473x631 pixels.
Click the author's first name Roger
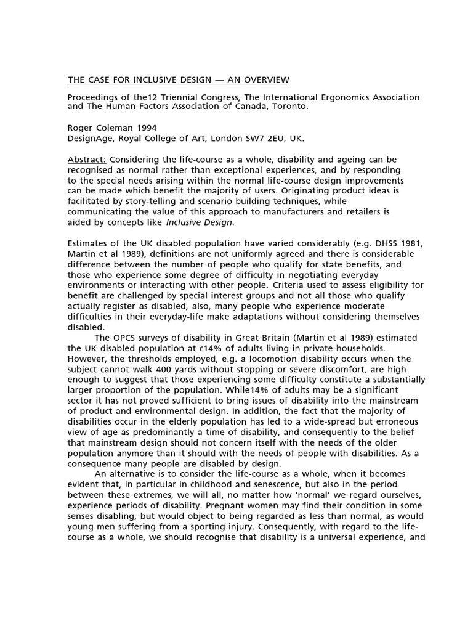click(81, 128)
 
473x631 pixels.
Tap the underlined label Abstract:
click(86, 160)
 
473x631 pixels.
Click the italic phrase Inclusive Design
click(200, 222)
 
